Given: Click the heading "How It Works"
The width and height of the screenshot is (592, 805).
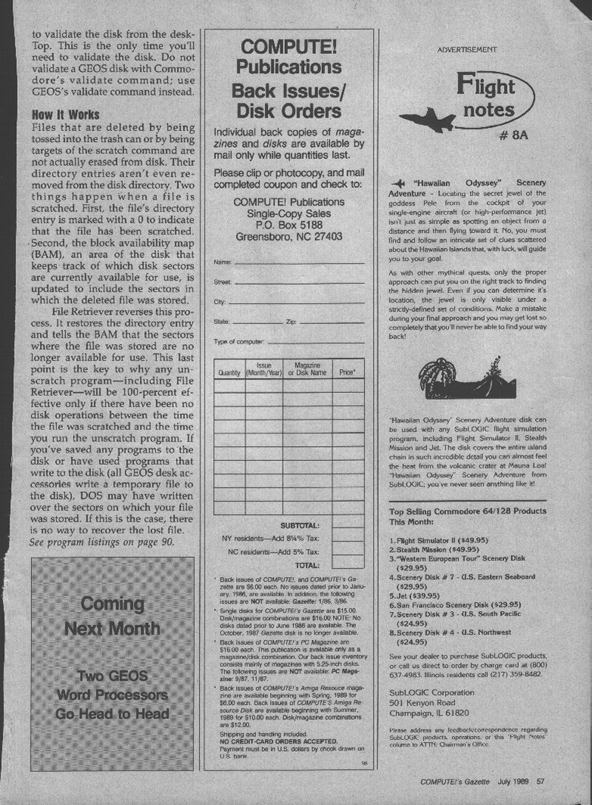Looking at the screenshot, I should click(66, 115).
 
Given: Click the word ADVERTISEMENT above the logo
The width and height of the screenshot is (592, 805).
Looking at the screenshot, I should click(466, 50).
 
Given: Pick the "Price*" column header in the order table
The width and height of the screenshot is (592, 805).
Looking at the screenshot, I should click(347, 373).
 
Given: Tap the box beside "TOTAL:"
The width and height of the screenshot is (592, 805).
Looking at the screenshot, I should click(347, 565).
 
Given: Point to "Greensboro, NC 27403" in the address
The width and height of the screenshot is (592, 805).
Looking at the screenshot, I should click(289, 238).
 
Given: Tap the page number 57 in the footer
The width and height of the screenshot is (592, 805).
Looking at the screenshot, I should click(541, 779).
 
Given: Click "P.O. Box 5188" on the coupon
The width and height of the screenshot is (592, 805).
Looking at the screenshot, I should click(289, 225).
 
